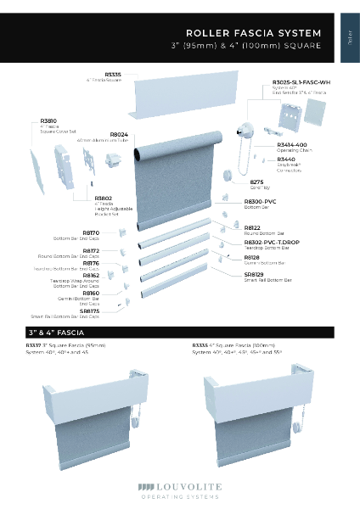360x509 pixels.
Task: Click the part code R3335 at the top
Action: click(112, 75)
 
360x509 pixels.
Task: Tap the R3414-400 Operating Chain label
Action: click(292, 145)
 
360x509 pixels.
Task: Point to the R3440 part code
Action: click(286, 159)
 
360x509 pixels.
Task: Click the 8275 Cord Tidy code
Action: click(256, 182)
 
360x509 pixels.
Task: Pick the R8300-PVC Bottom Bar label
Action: click(260, 200)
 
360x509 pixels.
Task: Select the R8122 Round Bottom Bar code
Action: click(252, 227)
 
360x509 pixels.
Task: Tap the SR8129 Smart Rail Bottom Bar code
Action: click(254, 273)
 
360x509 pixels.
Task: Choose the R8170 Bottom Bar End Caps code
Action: click(91, 232)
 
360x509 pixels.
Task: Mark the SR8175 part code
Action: click(89, 310)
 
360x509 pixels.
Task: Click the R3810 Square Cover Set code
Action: click(48, 121)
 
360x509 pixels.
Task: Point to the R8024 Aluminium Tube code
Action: click(119, 134)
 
